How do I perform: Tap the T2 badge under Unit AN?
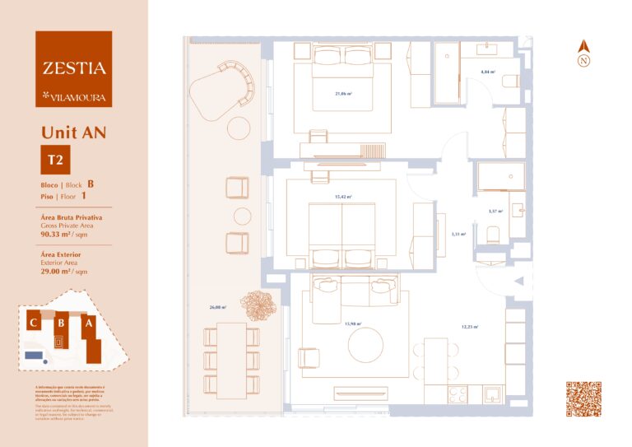point(56,160)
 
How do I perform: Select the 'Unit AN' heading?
point(73,132)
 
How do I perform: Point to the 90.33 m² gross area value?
point(58,234)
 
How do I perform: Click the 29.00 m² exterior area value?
point(58,272)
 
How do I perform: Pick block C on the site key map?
point(34,323)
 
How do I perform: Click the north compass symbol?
point(583,55)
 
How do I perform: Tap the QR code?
point(583,399)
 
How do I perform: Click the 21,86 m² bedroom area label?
point(343,94)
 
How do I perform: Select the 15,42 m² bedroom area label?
point(343,197)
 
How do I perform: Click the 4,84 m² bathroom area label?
point(486,72)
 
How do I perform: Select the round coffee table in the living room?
point(366,345)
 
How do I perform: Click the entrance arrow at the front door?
point(518,282)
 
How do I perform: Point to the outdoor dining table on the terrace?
point(232,360)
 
